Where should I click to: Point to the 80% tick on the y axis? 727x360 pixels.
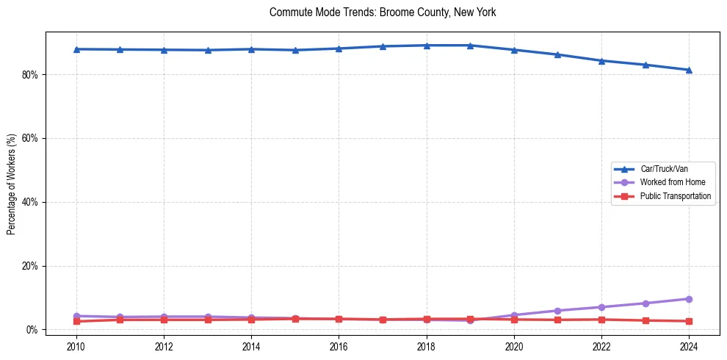[32, 75]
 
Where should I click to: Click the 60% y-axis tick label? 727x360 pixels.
[32, 138]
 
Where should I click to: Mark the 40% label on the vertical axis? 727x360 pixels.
[32, 202]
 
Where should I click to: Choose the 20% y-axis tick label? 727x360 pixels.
[32, 266]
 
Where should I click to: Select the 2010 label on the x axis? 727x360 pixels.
[76, 345]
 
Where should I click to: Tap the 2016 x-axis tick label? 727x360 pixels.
[339, 345]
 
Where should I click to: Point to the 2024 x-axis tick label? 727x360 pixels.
[689, 345]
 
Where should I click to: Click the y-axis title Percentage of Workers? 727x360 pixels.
[12, 184]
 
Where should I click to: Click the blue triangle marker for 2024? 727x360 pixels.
[689, 70]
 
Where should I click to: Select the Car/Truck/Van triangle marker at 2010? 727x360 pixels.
[76, 49]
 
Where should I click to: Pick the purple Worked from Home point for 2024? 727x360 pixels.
[689, 299]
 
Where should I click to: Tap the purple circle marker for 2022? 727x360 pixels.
[601, 307]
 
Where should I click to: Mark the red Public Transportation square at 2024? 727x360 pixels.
[689, 321]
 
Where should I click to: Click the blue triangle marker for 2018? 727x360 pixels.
[427, 46]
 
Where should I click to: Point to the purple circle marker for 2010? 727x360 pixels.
[76, 316]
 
